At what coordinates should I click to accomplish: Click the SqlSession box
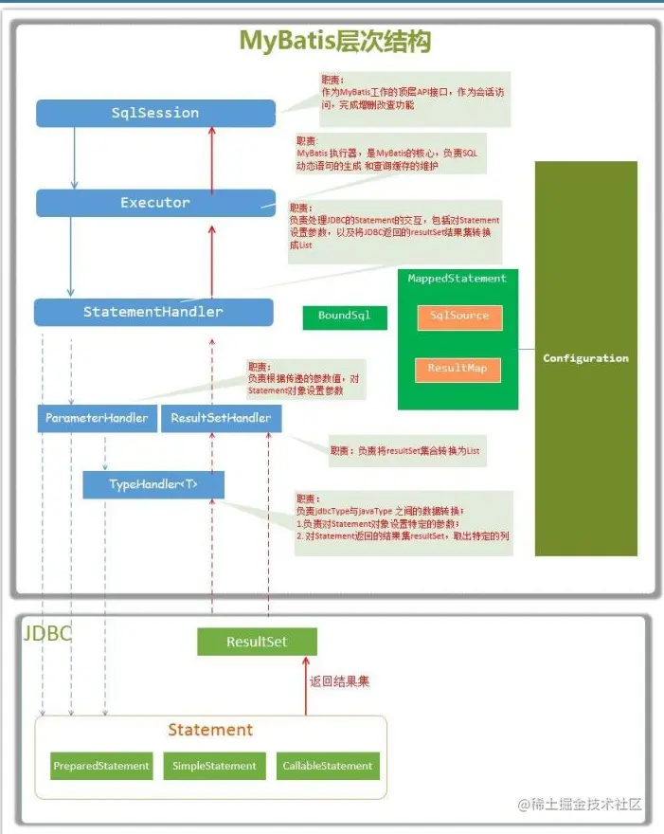(x=155, y=113)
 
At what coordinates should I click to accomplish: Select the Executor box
(x=155, y=203)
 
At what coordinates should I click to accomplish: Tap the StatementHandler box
(x=153, y=312)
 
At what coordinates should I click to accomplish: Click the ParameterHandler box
(x=97, y=418)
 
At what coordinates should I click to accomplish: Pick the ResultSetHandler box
(x=221, y=418)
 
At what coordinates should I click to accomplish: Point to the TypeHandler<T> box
(x=153, y=484)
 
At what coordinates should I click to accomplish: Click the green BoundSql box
(x=345, y=317)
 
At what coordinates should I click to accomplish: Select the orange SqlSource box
(x=458, y=317)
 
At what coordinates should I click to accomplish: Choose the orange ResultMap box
(x=458, y=368)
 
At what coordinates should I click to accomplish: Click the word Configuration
(x=585, y=358)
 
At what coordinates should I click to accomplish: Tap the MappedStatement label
(x=457, y=279)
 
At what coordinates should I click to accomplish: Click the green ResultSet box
(x=257, y=642)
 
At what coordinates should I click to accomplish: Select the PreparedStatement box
(x=101, y=766)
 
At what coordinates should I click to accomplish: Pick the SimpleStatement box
(x=214, y=766)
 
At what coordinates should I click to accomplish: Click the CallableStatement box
(x=329, y=766)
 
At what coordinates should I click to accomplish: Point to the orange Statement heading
(x=210, y=730)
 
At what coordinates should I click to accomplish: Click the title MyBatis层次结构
(x=334, y=42)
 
